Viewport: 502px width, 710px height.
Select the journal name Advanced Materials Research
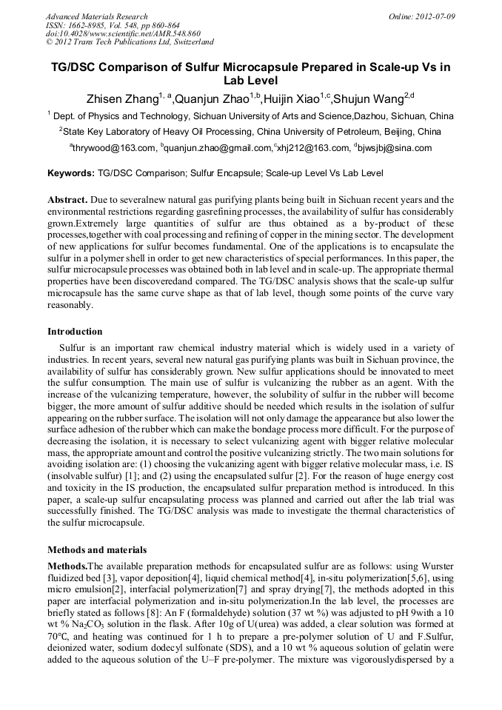tap(97, 16)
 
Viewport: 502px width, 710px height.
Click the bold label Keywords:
tap(70, 174)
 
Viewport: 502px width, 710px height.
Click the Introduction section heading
tap(75, 331)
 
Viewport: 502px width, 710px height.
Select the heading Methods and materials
tap(97, 550)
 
